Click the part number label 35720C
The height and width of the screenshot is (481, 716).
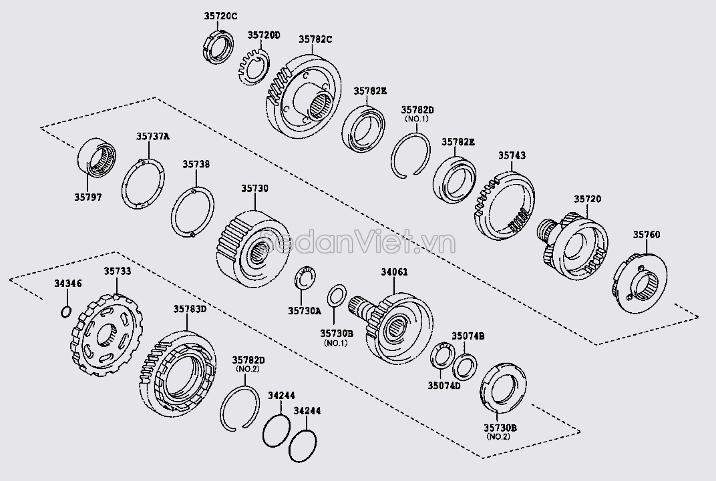click(x=220, y=15)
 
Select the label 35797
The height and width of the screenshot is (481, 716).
click(x=87, y=198)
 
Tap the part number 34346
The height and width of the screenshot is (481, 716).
click(x=67, y=284)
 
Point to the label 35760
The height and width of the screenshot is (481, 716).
click(x=646, y=234)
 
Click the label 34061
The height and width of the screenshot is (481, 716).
click(x=394, y=272)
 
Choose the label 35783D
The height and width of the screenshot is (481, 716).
click(x=172, y=309)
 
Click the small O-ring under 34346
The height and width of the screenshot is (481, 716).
click(x=65, y=311)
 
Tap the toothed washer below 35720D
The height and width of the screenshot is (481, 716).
click(x=253, y=67)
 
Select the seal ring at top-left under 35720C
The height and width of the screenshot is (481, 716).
click(x=218, y=47)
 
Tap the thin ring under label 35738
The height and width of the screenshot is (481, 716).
click(x=192, y=211)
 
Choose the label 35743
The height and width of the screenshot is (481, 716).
click(x=512, y=155)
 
